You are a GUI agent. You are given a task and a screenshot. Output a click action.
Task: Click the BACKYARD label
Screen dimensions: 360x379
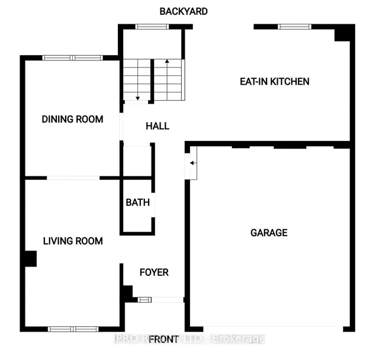pos(184,11)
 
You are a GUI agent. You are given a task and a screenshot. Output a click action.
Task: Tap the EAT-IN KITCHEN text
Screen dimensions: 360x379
pos(274,82)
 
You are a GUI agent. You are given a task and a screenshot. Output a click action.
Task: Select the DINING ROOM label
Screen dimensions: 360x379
pos(72,119)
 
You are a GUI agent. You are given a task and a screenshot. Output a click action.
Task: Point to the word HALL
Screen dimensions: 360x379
pos(158,126)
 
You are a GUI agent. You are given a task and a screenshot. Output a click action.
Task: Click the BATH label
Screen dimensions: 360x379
pos(137,202)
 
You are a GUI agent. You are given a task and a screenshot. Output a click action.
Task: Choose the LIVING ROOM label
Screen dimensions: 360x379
pos(73,241)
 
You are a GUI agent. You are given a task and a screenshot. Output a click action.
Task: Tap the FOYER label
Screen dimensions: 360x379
pos(154,272)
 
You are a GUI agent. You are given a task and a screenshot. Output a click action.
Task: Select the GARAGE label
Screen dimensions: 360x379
pos(268,233)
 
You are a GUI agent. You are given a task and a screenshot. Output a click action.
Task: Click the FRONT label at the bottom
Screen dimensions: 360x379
pos(164,339)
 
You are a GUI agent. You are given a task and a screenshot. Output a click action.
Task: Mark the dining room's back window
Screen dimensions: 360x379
pos(72,58)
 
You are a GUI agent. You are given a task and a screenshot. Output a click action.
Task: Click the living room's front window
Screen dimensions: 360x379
pos(73,329)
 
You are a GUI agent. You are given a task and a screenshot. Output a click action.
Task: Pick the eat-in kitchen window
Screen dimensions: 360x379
pos(294,27)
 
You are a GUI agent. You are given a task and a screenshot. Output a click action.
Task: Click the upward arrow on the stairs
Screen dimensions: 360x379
pos(168,62)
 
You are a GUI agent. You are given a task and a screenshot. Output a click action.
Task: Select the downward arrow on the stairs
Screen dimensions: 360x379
pos(138,98)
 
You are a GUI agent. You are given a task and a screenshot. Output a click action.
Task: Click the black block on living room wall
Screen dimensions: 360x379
pos(30,259)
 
